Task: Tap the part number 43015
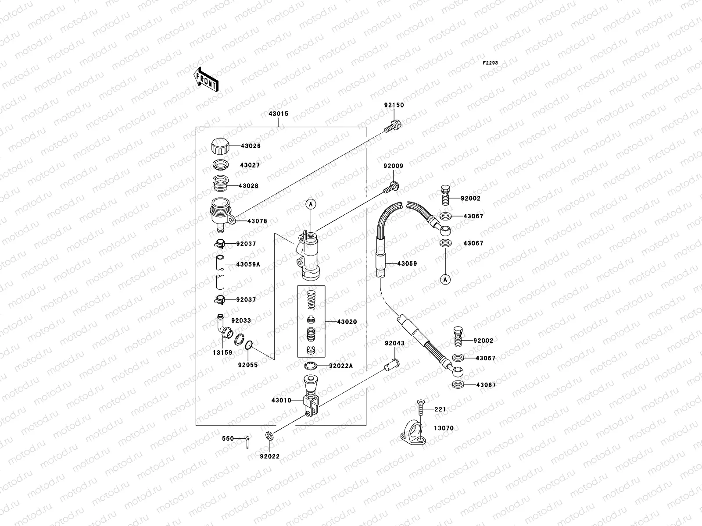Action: [x=279, y=114]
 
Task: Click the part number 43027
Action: [x=250, y=166]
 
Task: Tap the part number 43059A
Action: [x=248, y=265]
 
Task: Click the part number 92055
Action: [x=248, y=365]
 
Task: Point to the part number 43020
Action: [x=347, y=322]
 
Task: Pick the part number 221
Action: [x=440, y=409]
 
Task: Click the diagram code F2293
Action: [x=491, y=63]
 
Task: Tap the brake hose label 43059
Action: [x=407, y=264]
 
